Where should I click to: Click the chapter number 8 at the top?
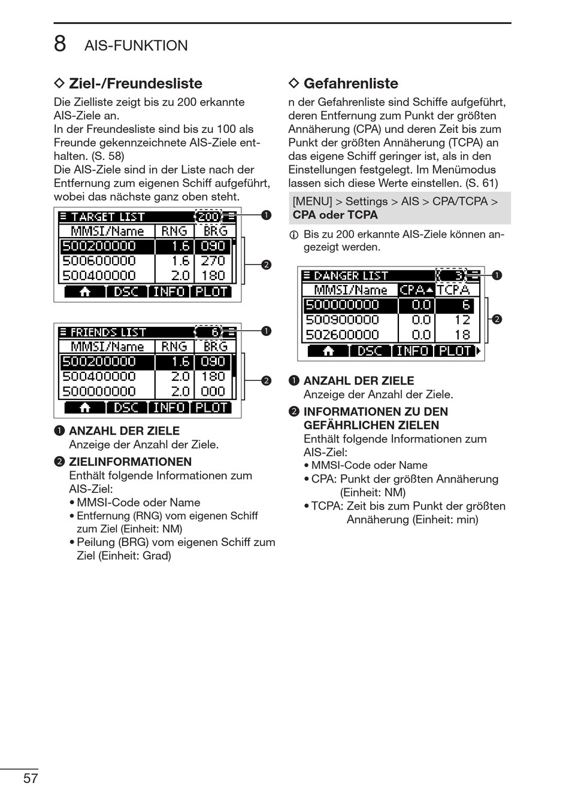point(60,44)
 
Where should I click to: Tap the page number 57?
point(31,778)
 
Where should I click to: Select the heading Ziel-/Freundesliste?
point(135,83)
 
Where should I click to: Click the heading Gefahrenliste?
point(350,83)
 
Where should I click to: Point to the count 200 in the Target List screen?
point(208,217)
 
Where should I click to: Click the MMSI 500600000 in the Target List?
point(99,261)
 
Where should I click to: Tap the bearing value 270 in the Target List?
point(213,261)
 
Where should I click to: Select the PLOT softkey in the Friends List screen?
point(211,408)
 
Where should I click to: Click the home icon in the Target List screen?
point(84,292)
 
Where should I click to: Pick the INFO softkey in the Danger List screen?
point(413,351)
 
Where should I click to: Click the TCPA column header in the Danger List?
point(453,290)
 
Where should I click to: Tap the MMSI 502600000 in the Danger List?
point(343,335)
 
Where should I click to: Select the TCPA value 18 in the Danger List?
point(462,335)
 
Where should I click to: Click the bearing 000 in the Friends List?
point(213,392)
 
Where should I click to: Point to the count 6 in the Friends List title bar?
point(214,332)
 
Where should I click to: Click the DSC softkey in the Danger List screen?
point(370,351)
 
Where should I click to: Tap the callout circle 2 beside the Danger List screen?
point(496,319)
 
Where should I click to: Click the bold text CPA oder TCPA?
point(335,215)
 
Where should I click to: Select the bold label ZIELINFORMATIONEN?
point(130,462)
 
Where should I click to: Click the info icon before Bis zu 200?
point(294,235)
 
